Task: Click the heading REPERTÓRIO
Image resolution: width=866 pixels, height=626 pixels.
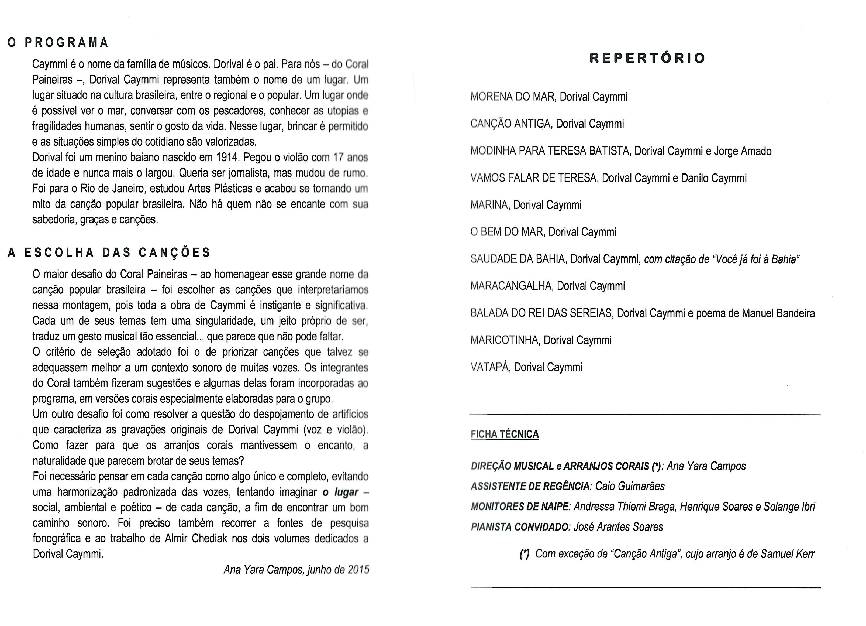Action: click(647, 58)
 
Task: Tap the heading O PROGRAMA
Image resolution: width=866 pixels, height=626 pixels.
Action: click(58, 42)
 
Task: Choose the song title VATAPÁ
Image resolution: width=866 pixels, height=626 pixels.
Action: click(490, 367)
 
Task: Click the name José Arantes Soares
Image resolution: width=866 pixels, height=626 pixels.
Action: click(618, 527)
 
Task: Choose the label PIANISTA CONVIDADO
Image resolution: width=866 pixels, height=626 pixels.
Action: click(519, 527)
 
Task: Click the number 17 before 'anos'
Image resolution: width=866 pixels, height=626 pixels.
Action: click(338, 158)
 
